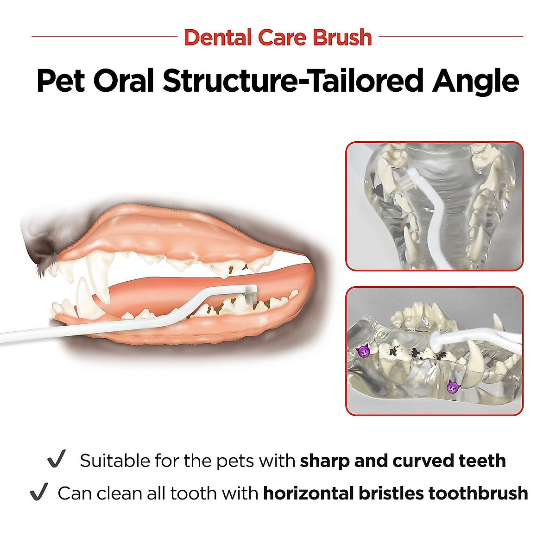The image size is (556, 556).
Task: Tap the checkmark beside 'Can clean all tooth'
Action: tap(38, 492)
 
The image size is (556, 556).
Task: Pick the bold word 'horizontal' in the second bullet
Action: tap(309, 493)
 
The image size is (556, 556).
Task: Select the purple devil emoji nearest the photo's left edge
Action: tap(363, 351)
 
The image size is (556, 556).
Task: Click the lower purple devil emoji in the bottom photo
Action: tap(453, 386)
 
